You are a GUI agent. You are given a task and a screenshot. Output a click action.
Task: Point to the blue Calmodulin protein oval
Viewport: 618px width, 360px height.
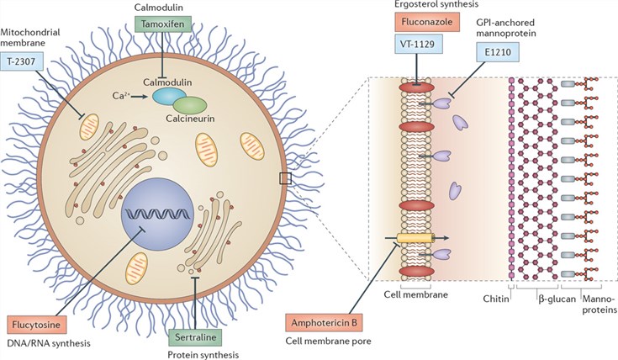point(169,97)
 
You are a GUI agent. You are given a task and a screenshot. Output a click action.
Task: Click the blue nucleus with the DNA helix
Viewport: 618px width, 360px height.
point(159,208)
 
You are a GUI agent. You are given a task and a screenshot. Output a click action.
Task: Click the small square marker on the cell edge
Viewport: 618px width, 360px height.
point(285,177)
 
